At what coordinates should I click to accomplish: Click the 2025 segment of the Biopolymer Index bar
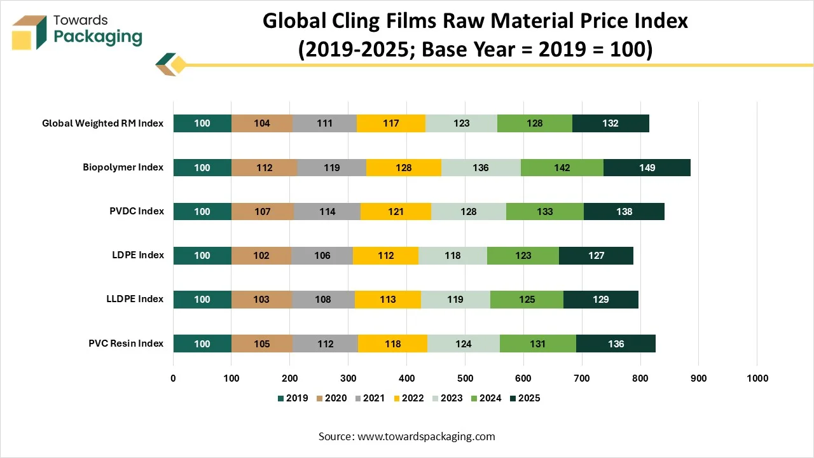(647, 167)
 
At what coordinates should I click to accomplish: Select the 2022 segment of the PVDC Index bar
(396, 211)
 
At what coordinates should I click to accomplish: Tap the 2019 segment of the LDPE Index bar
(202, 255)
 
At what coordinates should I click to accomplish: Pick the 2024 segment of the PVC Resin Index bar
(538, 343)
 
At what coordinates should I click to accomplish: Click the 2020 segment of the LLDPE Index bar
(261, 299)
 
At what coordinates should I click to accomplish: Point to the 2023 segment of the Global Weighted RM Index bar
(461, 123)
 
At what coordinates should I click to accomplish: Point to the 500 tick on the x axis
(465, 378)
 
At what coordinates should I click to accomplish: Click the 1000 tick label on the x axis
(757, 378)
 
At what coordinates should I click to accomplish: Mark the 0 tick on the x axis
(174, 378)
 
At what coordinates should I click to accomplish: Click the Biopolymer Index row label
(123, 167)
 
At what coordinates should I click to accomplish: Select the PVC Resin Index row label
(126, 343)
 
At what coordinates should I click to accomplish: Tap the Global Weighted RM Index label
(102, 123)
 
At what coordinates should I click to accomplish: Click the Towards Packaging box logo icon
(29, 31)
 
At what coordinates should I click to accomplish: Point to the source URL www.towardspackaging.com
(426, 436)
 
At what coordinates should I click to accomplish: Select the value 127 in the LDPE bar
(596, 255)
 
